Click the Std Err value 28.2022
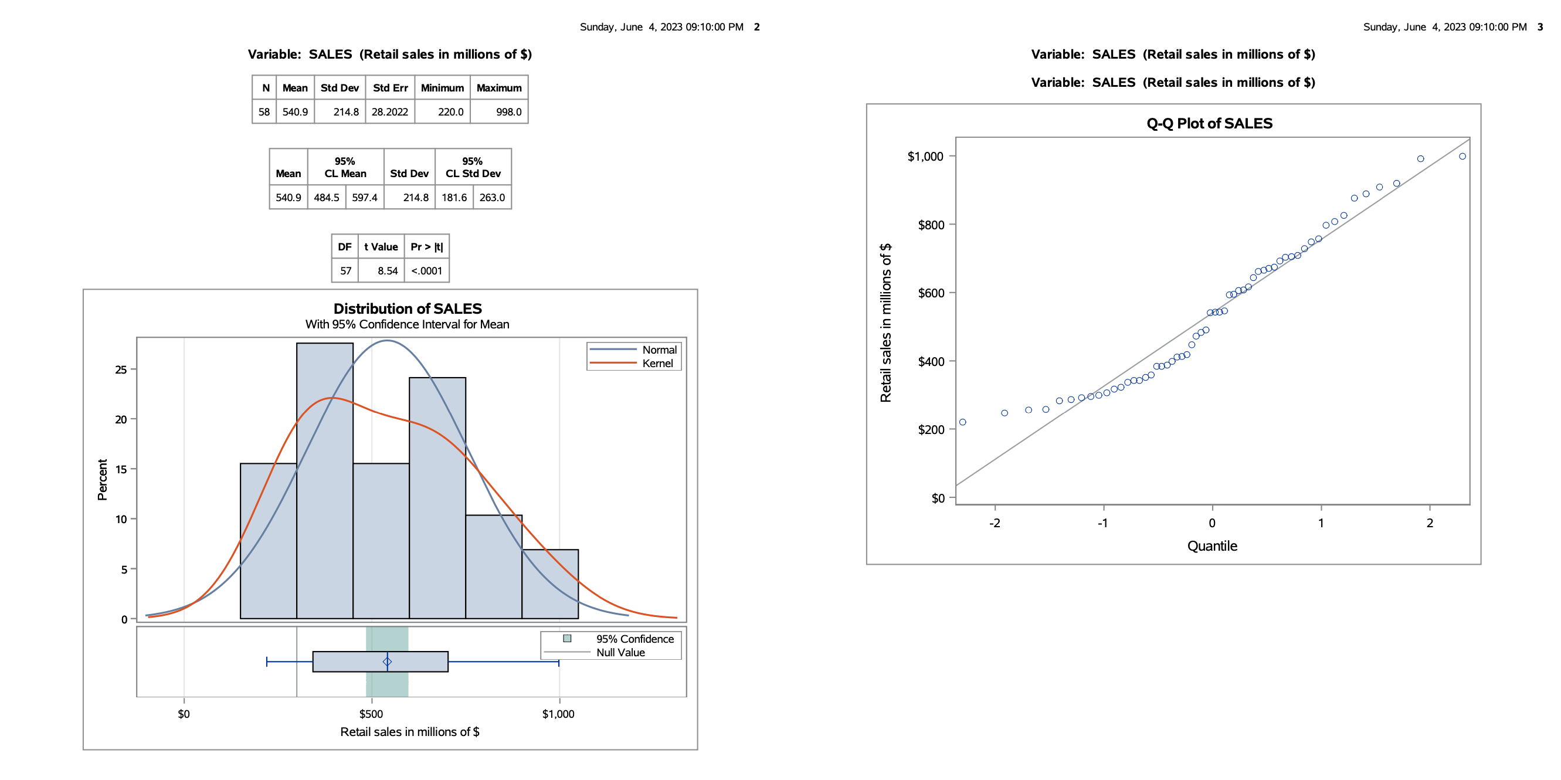389,112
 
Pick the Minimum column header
442,88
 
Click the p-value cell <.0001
427,271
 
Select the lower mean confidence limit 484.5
327,198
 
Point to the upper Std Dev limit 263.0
492,198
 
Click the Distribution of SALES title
408,308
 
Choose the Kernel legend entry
657,364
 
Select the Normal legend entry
659,350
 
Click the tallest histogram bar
325,479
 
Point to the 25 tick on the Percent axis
121,369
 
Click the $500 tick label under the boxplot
371,714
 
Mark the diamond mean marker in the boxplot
387,662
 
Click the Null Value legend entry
620,653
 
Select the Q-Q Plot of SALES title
1210,124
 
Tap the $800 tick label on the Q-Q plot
931,225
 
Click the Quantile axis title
1212,546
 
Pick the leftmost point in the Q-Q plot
963,422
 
